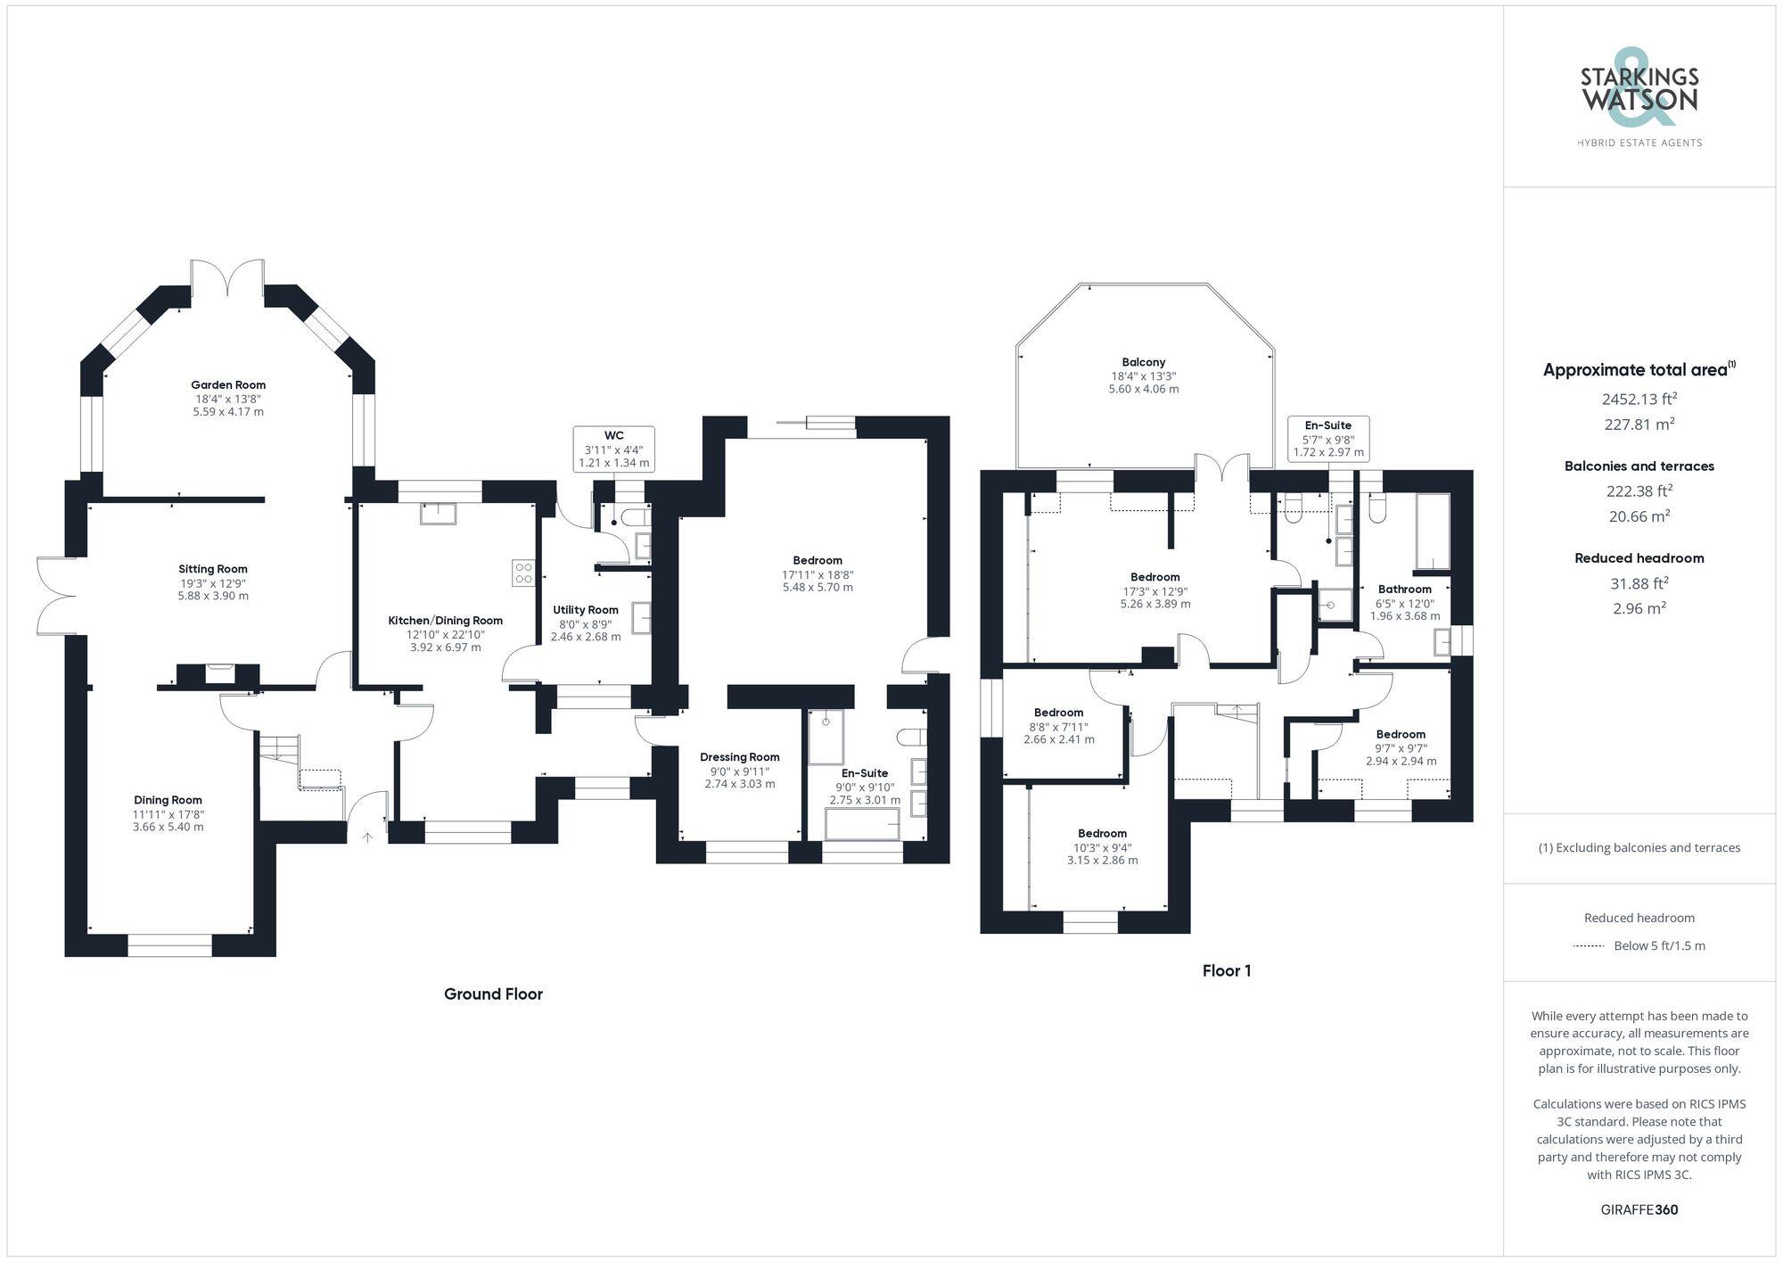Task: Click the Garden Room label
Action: (x=229, y=385)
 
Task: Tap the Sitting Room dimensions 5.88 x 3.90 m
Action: (x=213, y=596)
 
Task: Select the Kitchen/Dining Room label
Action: (x=445, y=621)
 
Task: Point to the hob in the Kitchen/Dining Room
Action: (x=523, y=573)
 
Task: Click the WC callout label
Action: (x=613, y=436)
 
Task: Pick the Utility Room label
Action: (x=585, y=610)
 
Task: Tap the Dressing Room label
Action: (x=739, y=757)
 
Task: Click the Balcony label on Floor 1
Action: (x=1143, y=362)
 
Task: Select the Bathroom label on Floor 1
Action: (x=1404, y=590)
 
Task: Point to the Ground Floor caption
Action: (x=493, y=994)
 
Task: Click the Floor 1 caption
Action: (x=1226, y=970)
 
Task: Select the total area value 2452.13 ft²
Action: (x=1639, y=399)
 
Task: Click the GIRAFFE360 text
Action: (x=1639, y=1210)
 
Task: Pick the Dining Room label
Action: (x=168, y=800)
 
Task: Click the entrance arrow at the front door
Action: (x=367, y=837)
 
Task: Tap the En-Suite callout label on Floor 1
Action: (x=1328, y=425)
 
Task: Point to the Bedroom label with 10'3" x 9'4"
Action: (x=1102, y=834)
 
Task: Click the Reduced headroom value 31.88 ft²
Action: (x=1639, y=583)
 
